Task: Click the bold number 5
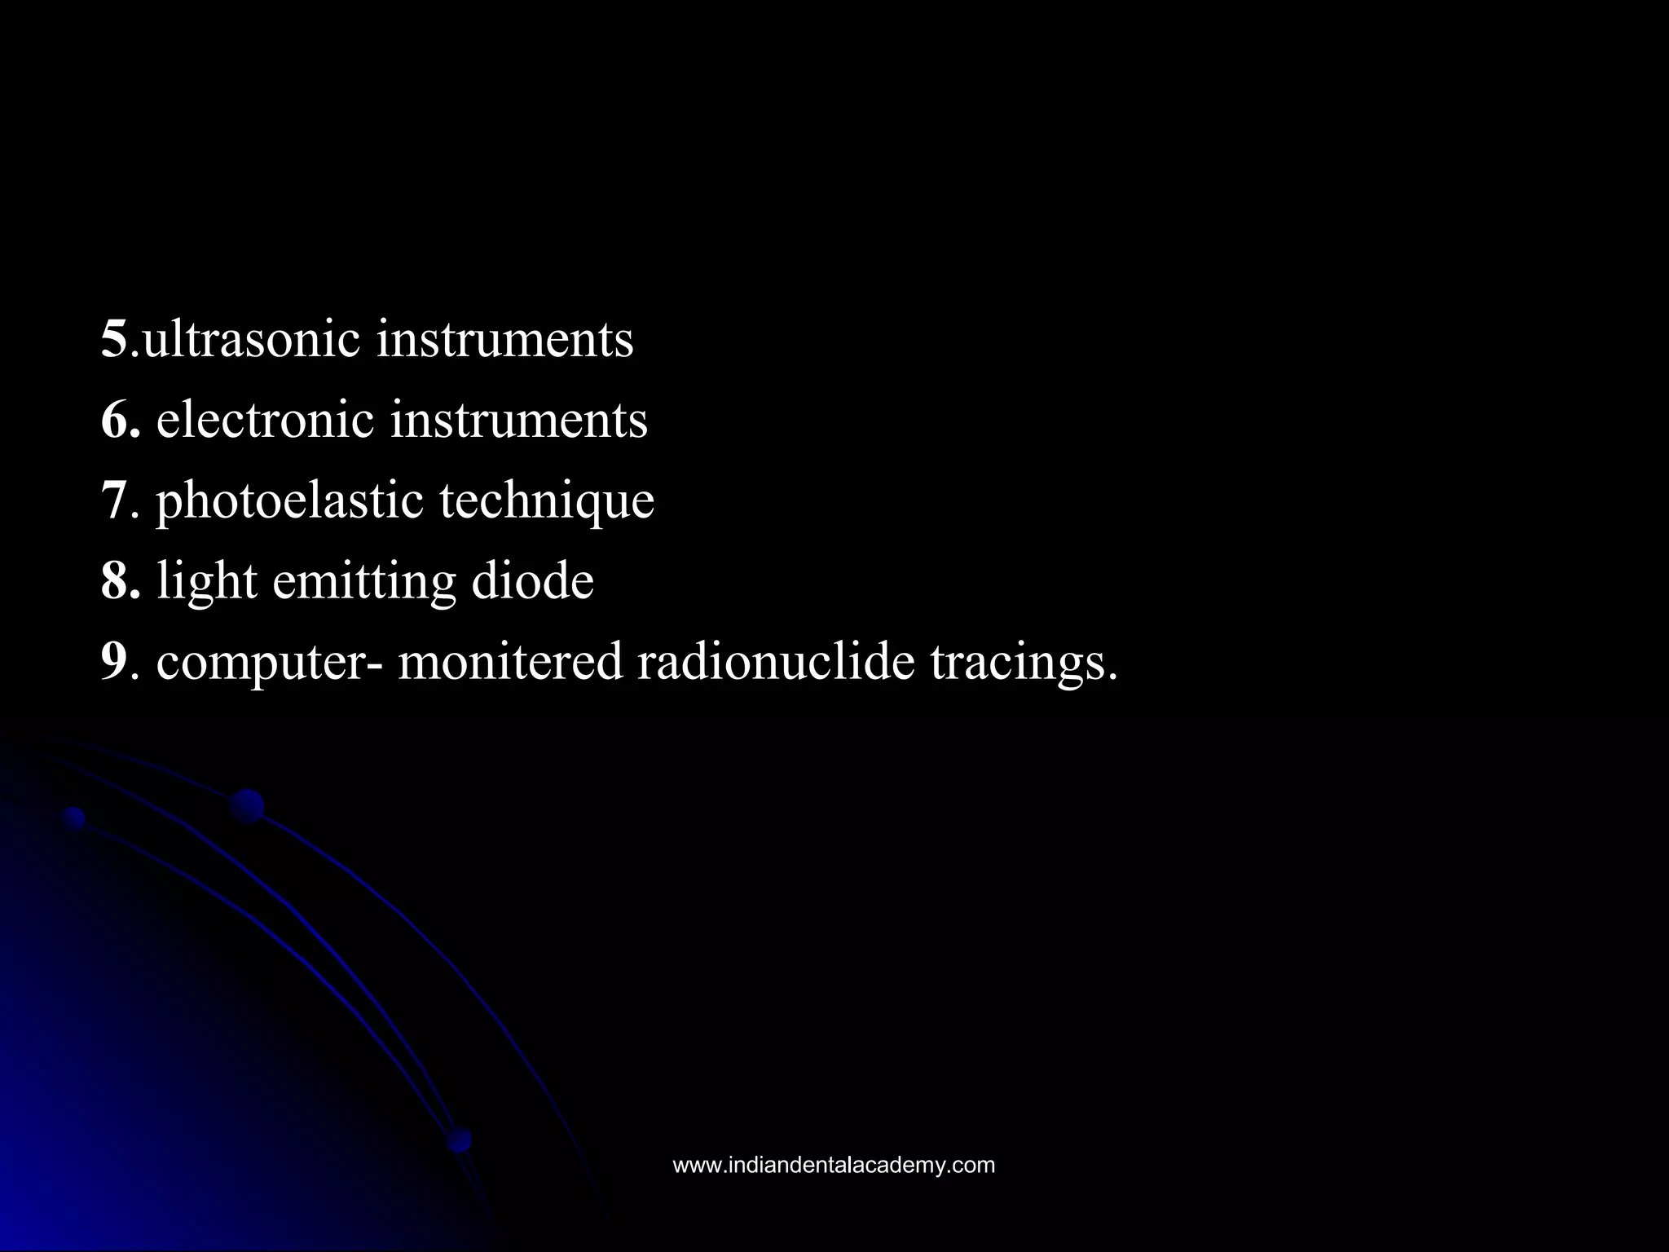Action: [x=114, y=339]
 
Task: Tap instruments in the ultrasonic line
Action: [x=504, y=339]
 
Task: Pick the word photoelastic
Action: [x=289, y=501]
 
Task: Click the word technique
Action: [x=547, y=501]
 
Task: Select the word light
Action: [x=207, y=582]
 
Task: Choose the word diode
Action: [x=532, y=580]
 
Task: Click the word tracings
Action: [x=1024, y=662]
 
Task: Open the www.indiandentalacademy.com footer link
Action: [x=834, y=1166]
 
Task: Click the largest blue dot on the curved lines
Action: [x=247, y=806]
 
